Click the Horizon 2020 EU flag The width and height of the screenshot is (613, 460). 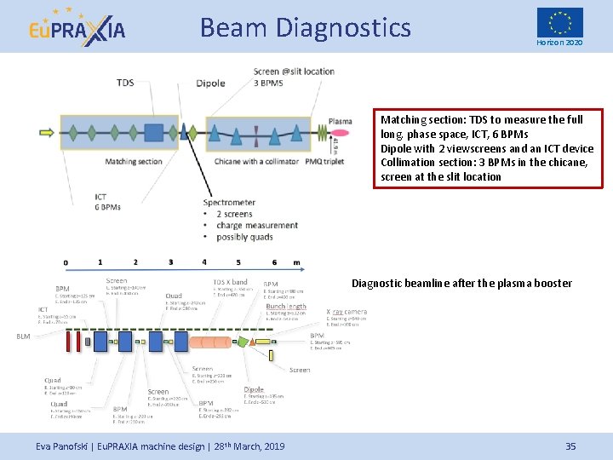tap(559, 22)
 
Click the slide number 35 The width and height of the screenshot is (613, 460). tap(570, 446)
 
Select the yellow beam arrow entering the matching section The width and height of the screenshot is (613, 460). tap(46, 133)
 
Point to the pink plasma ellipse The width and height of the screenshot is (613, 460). tap(340, 133)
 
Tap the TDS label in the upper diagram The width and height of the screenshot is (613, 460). tap(124, 83)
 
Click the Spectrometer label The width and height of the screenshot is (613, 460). tap(229, 202)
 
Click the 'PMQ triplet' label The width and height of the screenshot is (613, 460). tap(324, 161)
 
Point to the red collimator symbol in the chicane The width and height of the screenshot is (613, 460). tap(256, 133)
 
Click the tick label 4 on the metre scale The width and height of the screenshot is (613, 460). tap(204, 262)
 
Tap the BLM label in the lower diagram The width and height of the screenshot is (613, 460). tap(23, 336)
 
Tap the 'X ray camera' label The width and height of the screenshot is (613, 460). tap(347, 312)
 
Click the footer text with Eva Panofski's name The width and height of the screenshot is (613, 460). tap(160, 446)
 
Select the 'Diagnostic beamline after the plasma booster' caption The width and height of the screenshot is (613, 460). tap(461, 283)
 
